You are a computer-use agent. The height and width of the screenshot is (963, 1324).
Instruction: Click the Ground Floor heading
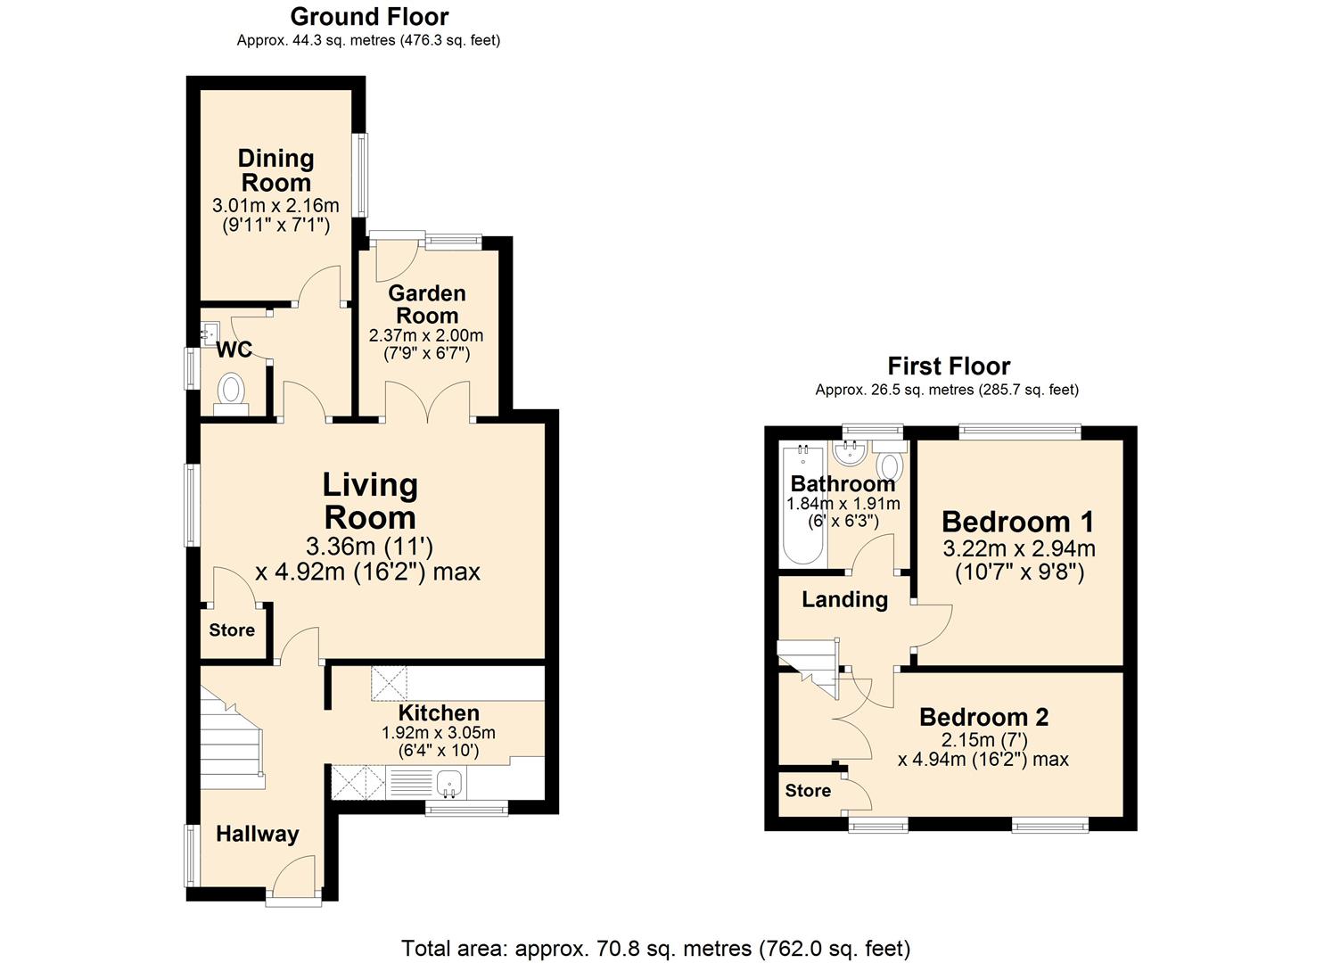click(x=369, y=17)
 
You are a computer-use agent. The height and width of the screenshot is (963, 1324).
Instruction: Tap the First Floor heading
click(x=949, y=366)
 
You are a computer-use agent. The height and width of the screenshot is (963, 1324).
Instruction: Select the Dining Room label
click(x=276, y=171)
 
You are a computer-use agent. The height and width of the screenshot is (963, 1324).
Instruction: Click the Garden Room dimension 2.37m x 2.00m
click(x=426, y=336)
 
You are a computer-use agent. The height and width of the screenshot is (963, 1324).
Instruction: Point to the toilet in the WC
click(x=231, y=395)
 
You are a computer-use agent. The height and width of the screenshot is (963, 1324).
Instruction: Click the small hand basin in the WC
click(x=210, y=333)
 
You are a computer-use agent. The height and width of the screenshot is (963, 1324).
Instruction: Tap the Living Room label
click(x=370, y=501)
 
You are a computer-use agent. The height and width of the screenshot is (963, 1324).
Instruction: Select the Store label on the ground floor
click(x=232, y=630)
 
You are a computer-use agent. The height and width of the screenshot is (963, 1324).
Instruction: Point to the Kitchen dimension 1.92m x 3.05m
click(x=439, y=733)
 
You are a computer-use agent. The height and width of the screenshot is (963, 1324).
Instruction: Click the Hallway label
click(x=258, y=834)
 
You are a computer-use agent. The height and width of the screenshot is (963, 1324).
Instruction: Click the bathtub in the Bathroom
click(x=802, y=505)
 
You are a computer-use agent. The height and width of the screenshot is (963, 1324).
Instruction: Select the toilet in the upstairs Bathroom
click(x=890, y=461)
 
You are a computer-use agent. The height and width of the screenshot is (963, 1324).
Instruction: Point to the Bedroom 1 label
click(x=1018, y=522)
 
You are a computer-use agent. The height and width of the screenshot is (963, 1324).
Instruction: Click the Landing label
click(x=844, y=599)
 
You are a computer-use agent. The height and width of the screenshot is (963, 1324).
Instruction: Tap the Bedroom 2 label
click(x=984, y=717)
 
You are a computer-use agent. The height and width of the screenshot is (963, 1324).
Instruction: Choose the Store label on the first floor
click(x=808, y=790)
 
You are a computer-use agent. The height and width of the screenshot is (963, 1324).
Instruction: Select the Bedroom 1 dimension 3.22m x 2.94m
click(x=1019, y=549)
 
